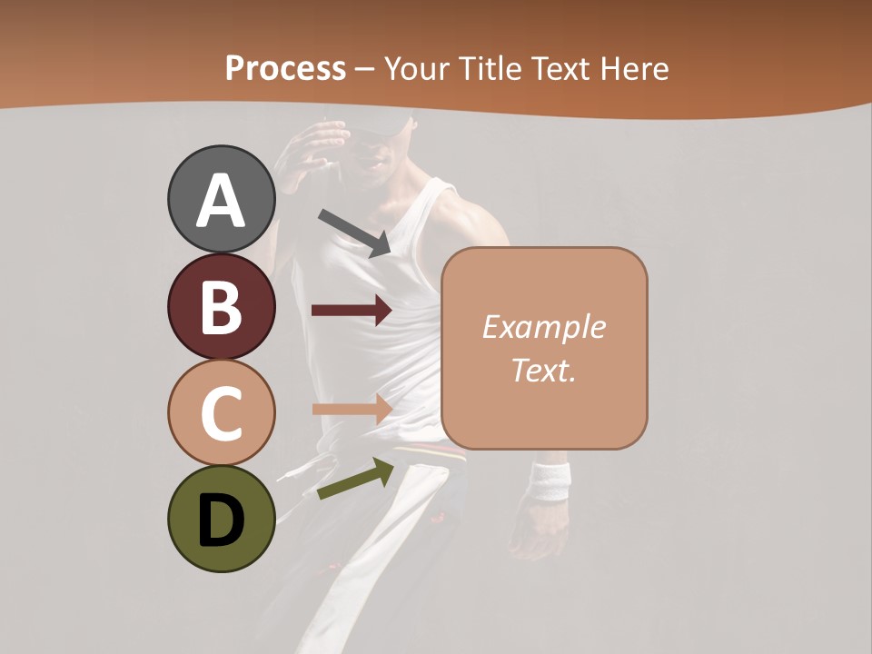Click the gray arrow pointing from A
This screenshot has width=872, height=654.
point(354,233)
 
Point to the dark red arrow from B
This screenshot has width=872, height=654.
point(352,311)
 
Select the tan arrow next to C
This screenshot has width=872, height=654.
point(352,409)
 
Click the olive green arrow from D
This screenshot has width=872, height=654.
point(355,479)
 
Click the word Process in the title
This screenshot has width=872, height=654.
point(285,68)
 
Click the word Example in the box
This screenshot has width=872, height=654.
point(543,327)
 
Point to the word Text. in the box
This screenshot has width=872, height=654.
point(543,370)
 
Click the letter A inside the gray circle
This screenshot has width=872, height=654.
point(221,200)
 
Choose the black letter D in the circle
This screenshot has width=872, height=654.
point(221,520)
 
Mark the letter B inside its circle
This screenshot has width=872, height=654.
point(221,307)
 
